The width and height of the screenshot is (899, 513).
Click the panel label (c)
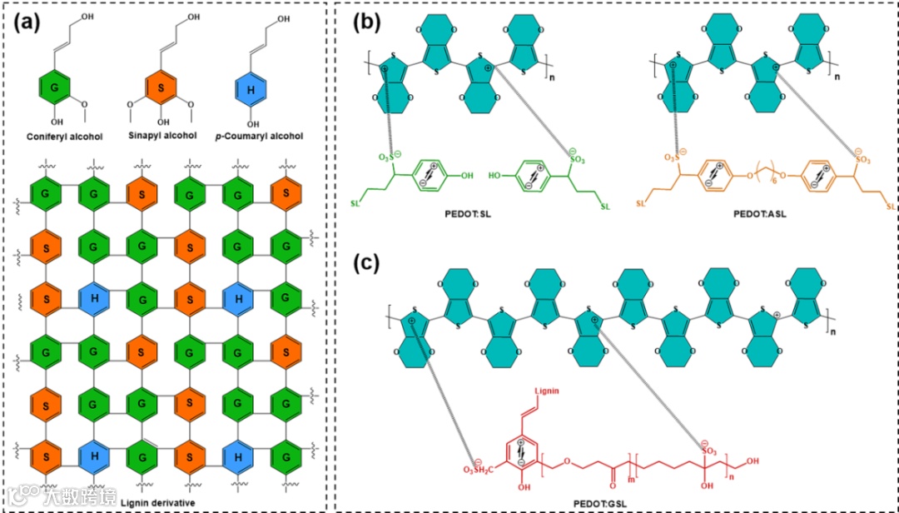point(367,264)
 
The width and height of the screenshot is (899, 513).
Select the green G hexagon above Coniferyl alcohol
point(52,87)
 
